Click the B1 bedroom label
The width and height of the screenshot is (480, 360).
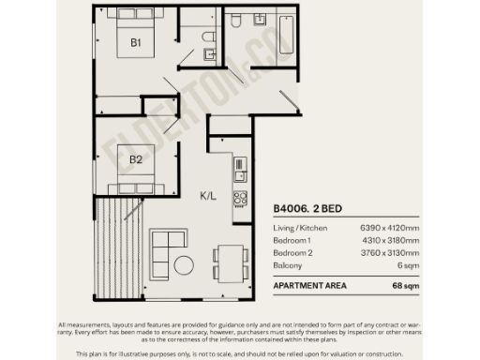point(136,43)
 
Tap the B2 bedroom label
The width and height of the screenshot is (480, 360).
point(136,159)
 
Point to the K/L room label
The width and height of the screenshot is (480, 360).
point(209,197)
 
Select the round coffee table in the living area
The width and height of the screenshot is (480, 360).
point(184,265)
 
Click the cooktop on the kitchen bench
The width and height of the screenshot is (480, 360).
point(240,199)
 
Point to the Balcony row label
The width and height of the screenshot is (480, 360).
point(288,265)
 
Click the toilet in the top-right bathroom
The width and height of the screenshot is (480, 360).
point(240,20)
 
